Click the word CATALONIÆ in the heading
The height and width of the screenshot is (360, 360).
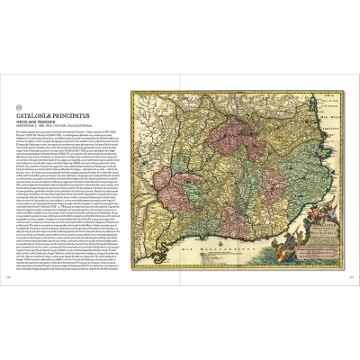point(41,115)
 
